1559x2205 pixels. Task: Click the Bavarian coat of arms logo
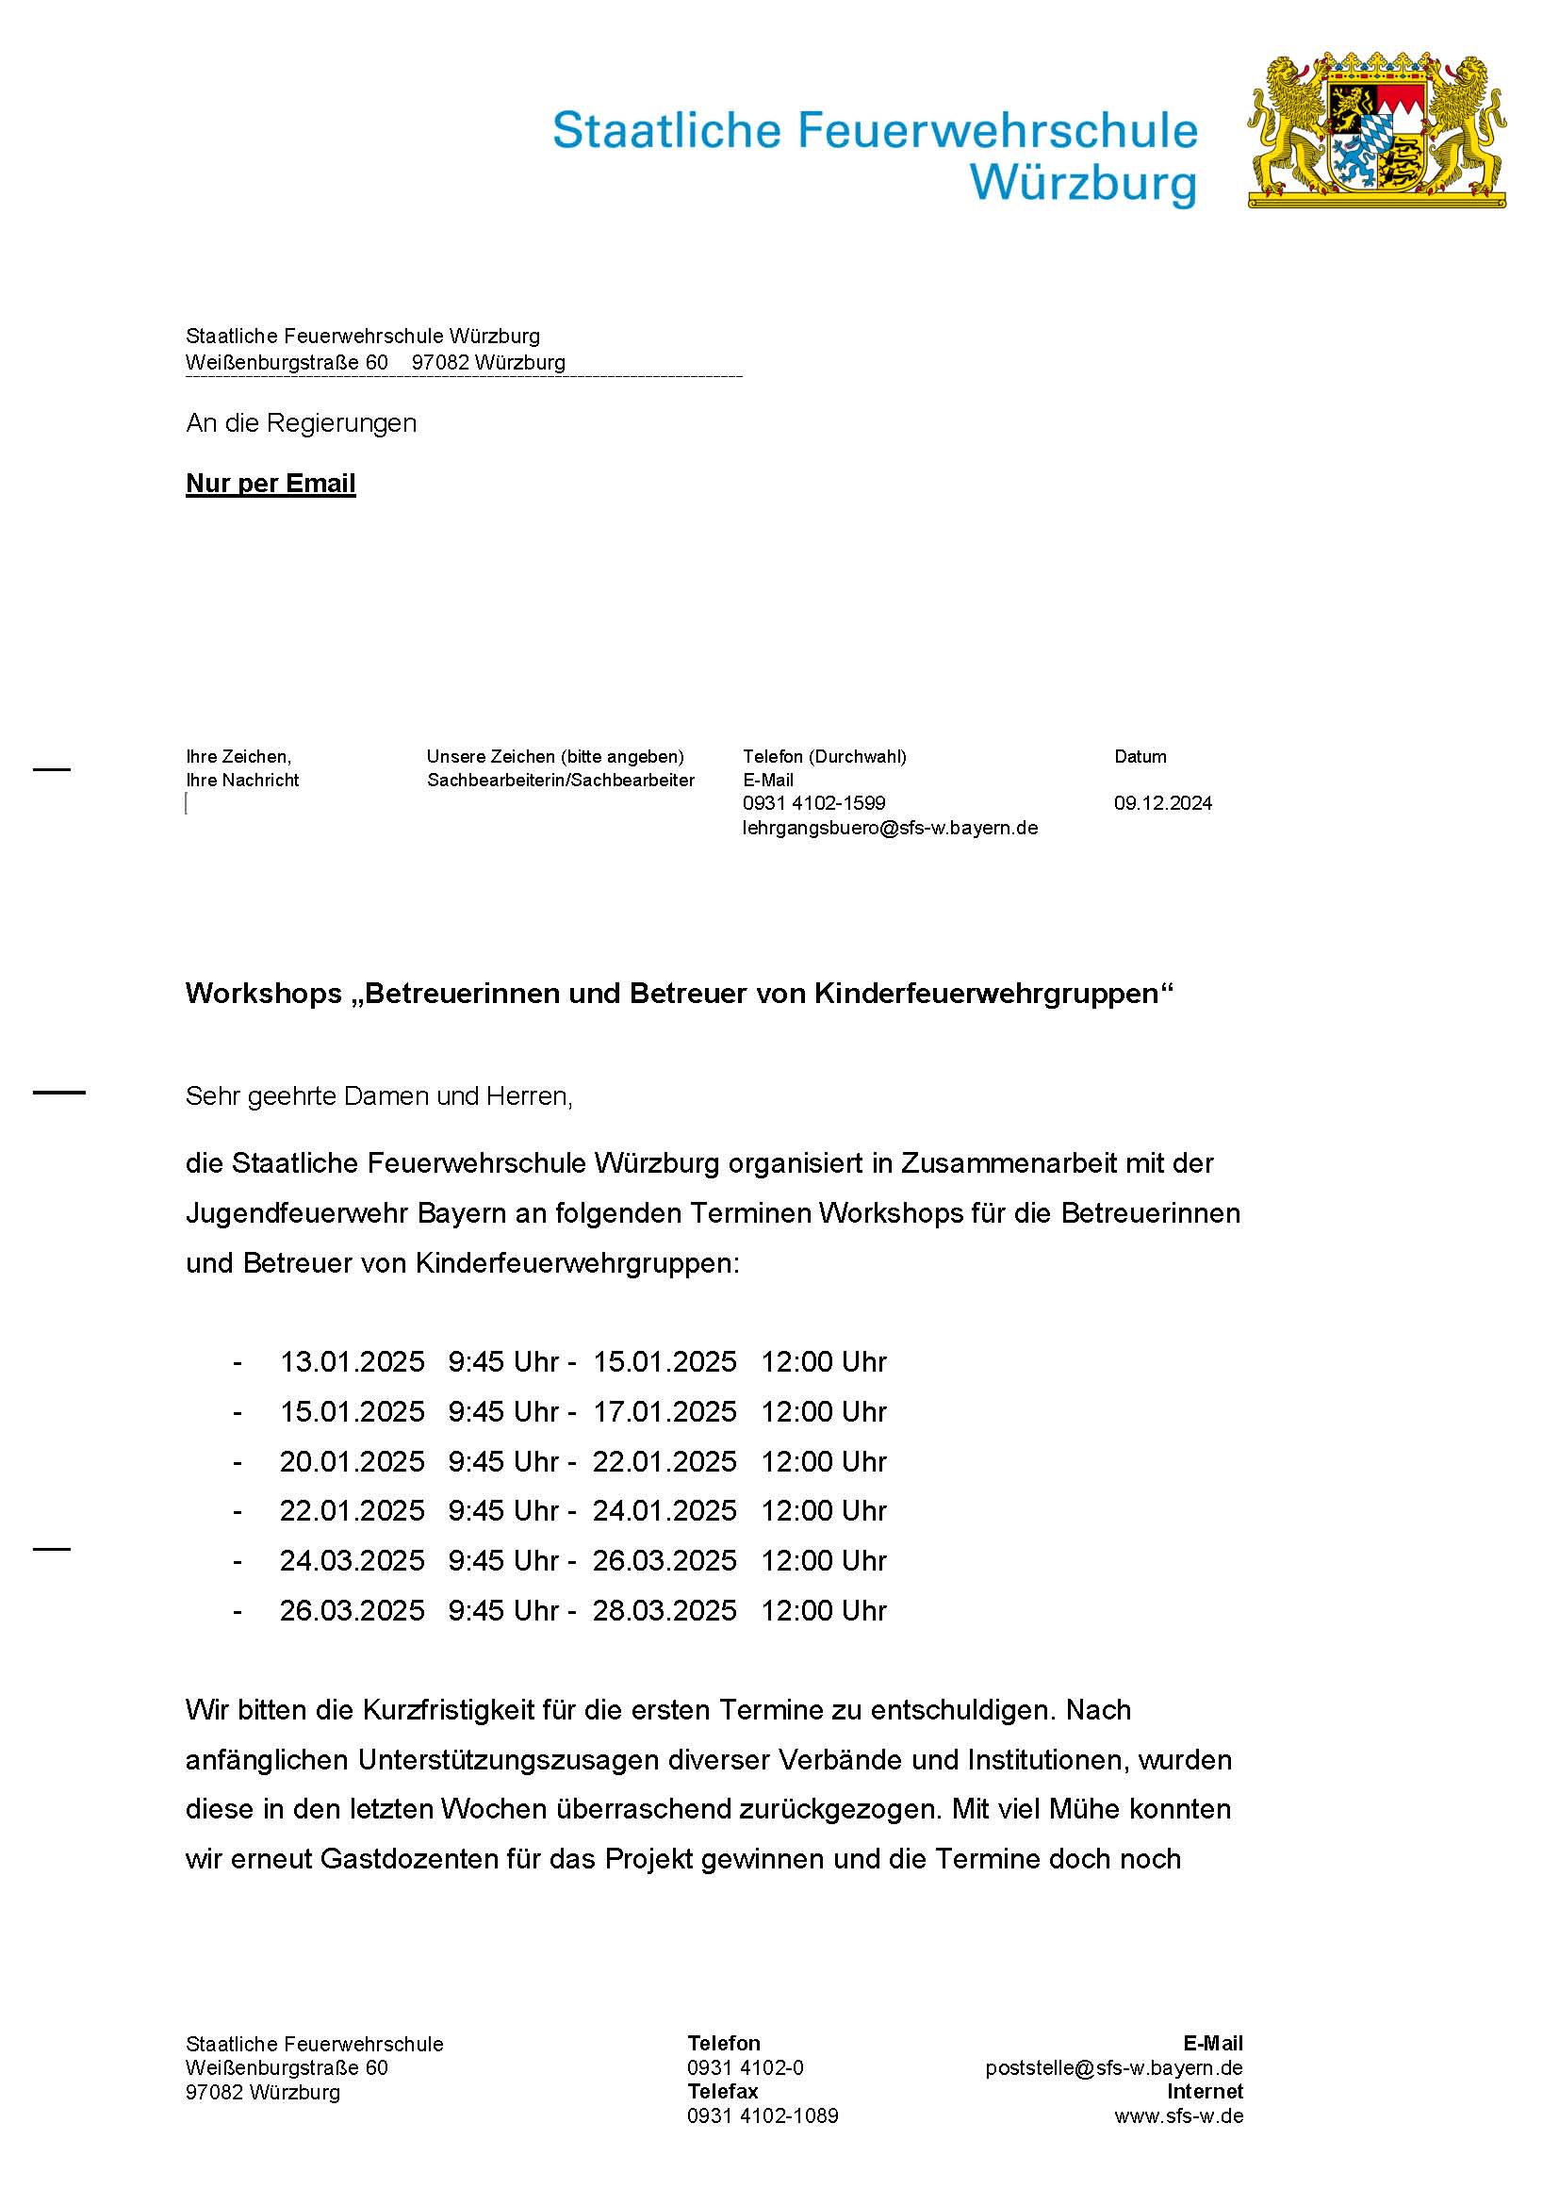tap(1375, 131)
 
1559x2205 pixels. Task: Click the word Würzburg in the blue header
tap(1083, 183)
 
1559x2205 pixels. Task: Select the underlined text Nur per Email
tap(271, 483)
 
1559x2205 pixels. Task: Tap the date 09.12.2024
tap(1162, 803)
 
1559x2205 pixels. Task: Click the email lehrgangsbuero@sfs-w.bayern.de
tap(890, 828)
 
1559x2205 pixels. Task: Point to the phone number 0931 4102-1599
tap(814, 803)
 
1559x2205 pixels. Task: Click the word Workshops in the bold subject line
tap(264, 993)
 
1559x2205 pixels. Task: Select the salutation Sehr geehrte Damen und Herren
tap(379, 1095)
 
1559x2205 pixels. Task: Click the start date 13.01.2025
tap(352, 1362)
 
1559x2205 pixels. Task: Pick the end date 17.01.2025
tap(665, 1412)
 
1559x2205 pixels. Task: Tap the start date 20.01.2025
tap(352, 1462)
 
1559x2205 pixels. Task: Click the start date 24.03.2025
tap(352, 1560)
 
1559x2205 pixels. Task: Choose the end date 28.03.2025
tap(665, 1610)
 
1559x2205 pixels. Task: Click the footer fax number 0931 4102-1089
tap(763, 2115)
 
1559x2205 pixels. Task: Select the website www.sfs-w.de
tap(1178, 2115)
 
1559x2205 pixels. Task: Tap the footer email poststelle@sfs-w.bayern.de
tap(1113, 2067)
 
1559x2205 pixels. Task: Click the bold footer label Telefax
tap(722, 2092)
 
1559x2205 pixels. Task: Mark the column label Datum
tap(1140, 757)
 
